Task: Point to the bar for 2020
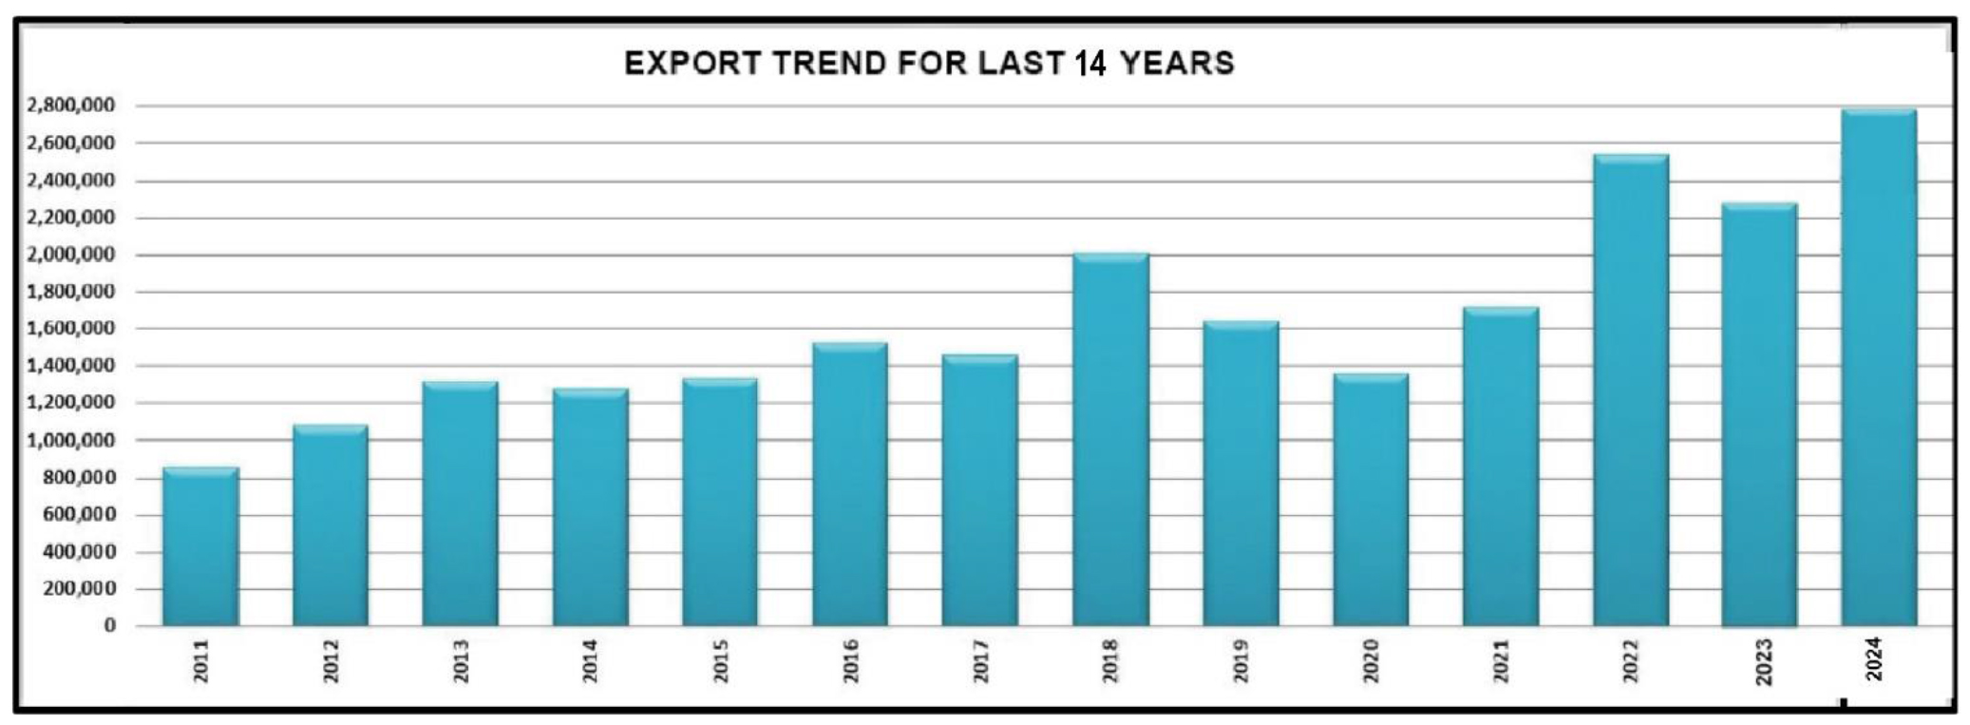click(1371, 500)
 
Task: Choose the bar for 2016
click(850, 485)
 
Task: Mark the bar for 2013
click(460, 504)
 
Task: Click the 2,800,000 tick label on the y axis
click(71, 105)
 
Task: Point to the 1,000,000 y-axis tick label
click(71, 440)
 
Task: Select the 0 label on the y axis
click(110, 625)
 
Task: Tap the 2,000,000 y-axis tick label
click(71, 255)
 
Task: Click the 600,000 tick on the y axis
click(78, 514)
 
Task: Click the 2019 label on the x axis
click(1241, 660)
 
